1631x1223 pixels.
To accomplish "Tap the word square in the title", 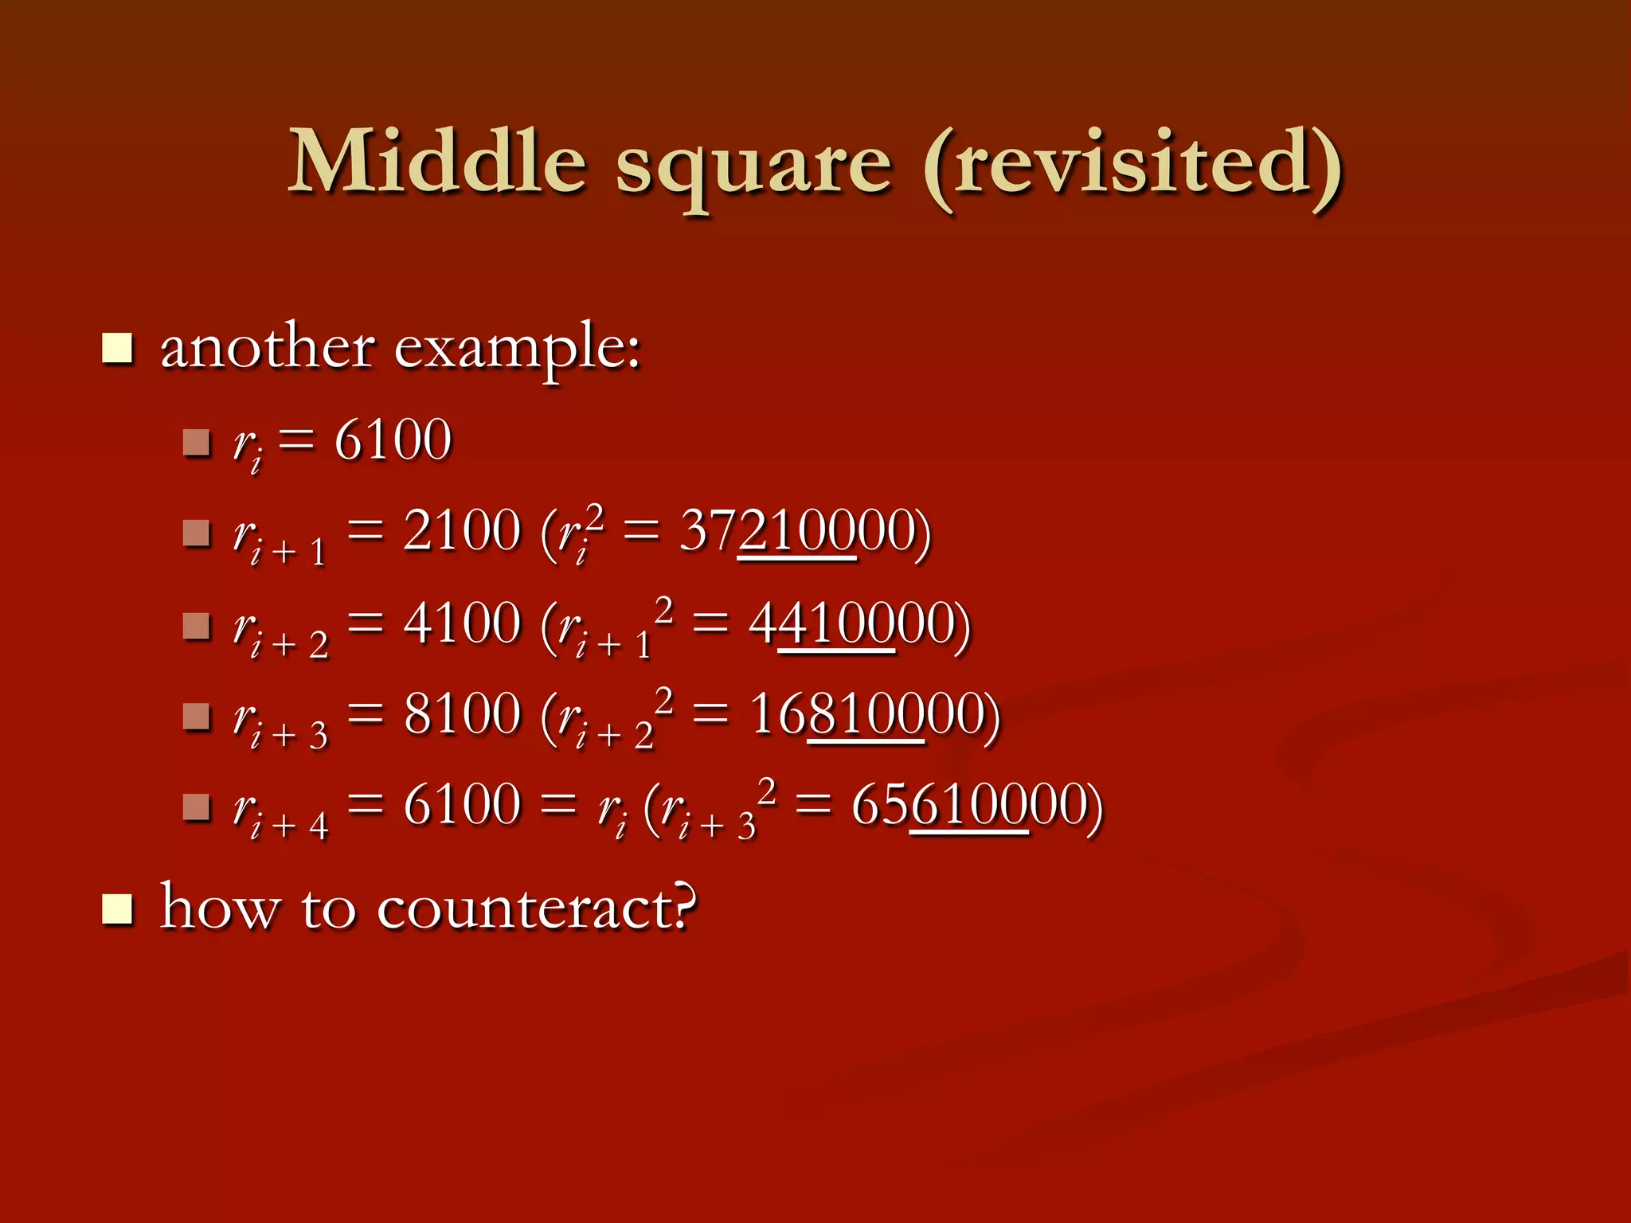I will tap(753, 167).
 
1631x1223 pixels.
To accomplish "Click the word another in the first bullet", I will tap(268, 347).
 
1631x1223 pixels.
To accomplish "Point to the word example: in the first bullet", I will tap(518, 350).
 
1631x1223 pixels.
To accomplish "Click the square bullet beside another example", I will tap(117, 349).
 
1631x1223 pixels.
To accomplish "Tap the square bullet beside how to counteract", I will tap(117, 909).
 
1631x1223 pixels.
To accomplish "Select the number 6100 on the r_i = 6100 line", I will tap(393, 440).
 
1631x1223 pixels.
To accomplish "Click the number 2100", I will tap(462, 530).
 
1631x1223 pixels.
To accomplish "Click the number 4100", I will tap(462, 623).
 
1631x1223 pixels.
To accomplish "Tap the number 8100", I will tap(462, 713).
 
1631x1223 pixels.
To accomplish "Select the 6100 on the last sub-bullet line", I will tap(462, 804).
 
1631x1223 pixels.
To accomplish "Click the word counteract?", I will tap(536, 908).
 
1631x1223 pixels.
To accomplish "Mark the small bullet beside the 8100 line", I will tap(196, 716).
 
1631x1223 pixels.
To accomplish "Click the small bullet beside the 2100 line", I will tap(196, 533).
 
